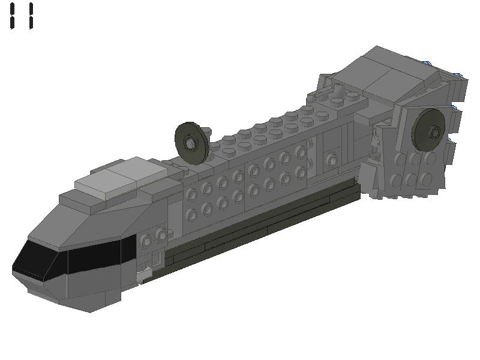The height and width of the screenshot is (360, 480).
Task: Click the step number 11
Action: pyautogui.click(x=22, y=16)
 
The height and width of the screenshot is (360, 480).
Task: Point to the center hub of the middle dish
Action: pyautogui.click(x=190, y=142)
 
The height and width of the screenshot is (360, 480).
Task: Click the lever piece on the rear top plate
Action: pyautogui.click(x=338, y=93)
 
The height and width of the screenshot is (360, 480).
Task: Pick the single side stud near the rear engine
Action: pyautogui.click(x=332, y=160)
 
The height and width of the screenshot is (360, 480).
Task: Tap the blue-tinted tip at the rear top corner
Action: pyautogui.click(x=458, y=74)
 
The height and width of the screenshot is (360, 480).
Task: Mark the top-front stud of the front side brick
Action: pyautogui.click(x=193, y=194)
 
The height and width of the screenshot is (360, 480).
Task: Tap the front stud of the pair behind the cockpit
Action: pyautogui.click(x=146, y=241)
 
